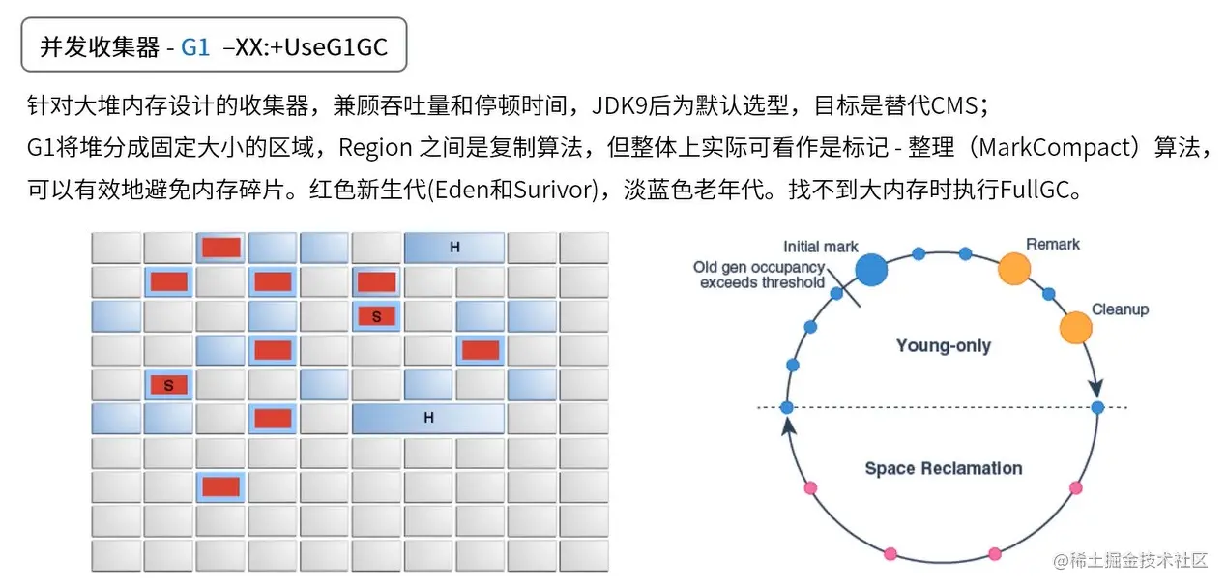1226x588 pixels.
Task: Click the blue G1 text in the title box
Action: (x=194, y=46)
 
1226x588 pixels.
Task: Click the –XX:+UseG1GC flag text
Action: (x=305, y=46)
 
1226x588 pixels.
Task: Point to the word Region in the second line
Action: (x=376, y=148)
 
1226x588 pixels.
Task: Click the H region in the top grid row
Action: (x=454, y=249)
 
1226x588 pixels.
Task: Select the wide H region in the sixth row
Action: (x=428, y=419)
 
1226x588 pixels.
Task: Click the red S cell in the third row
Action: (x=376, y=316)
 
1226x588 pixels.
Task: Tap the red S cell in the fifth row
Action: (x=168, y=385)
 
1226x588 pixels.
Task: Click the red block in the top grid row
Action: (x=220, y=248)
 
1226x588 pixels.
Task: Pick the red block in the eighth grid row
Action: (x=220, y=486)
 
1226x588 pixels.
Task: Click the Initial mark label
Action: (x=821, y=247)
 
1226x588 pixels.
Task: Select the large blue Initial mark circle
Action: (x=871, y=270)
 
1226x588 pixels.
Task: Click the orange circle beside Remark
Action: (x=1013, y=268)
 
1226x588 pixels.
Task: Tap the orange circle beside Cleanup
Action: (x=1075, y=328)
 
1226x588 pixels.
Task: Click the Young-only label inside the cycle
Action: (x=943, y=345)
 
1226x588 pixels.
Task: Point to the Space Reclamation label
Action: (x=943, y=468)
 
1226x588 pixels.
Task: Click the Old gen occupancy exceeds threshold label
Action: (x=761, y=275)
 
